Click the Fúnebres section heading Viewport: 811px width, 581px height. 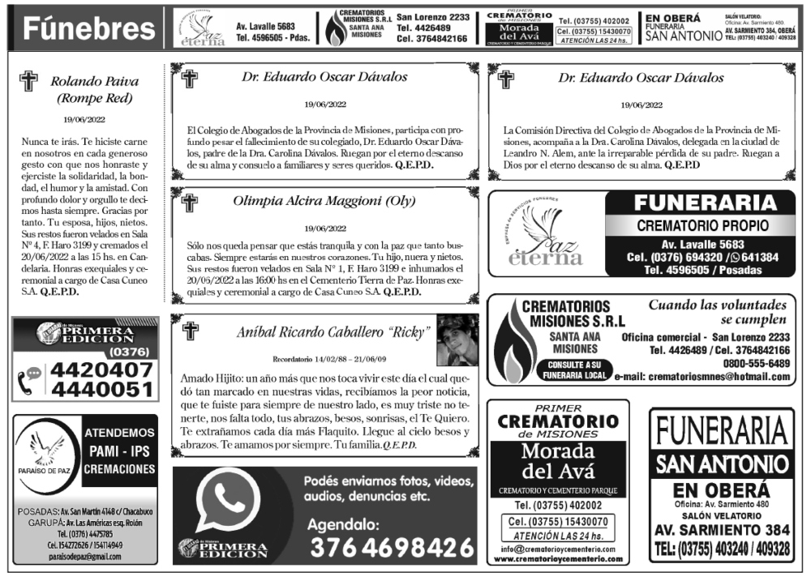coord(83,29)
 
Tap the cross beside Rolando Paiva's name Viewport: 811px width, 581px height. coord(29,82)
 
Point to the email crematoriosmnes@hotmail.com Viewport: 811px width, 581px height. coord(702,377)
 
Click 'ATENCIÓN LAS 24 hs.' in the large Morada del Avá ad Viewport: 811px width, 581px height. coord(558,536)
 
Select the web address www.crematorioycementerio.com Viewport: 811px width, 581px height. coord(558,559)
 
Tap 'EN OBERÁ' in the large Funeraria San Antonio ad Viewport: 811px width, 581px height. coord(721,491)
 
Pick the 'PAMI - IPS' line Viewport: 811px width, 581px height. coord(119,451)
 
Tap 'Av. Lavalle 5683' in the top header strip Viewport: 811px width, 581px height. coord(265,26)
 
